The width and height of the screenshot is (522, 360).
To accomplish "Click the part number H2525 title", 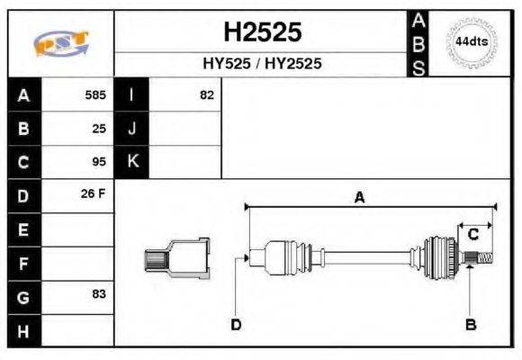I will (262, 33).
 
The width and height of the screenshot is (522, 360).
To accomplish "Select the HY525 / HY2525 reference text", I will (262, 64).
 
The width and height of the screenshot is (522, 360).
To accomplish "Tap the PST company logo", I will (60, 42).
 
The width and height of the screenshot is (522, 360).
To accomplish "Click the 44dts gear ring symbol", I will (472, 42).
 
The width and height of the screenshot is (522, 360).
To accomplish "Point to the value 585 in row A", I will (94, 94).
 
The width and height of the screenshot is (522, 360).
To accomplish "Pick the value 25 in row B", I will (99, 129).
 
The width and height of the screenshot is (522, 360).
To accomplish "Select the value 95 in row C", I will (99, 163).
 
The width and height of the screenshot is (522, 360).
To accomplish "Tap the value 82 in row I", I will (206, 94).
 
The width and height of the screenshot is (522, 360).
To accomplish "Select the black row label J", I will (131, 129).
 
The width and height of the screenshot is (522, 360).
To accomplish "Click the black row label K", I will (131, 163).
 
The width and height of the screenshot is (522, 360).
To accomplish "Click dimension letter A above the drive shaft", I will (359, 197).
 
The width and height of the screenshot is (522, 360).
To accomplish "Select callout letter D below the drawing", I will (235, 324).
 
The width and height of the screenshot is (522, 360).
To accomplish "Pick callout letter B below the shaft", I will (470, 324).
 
